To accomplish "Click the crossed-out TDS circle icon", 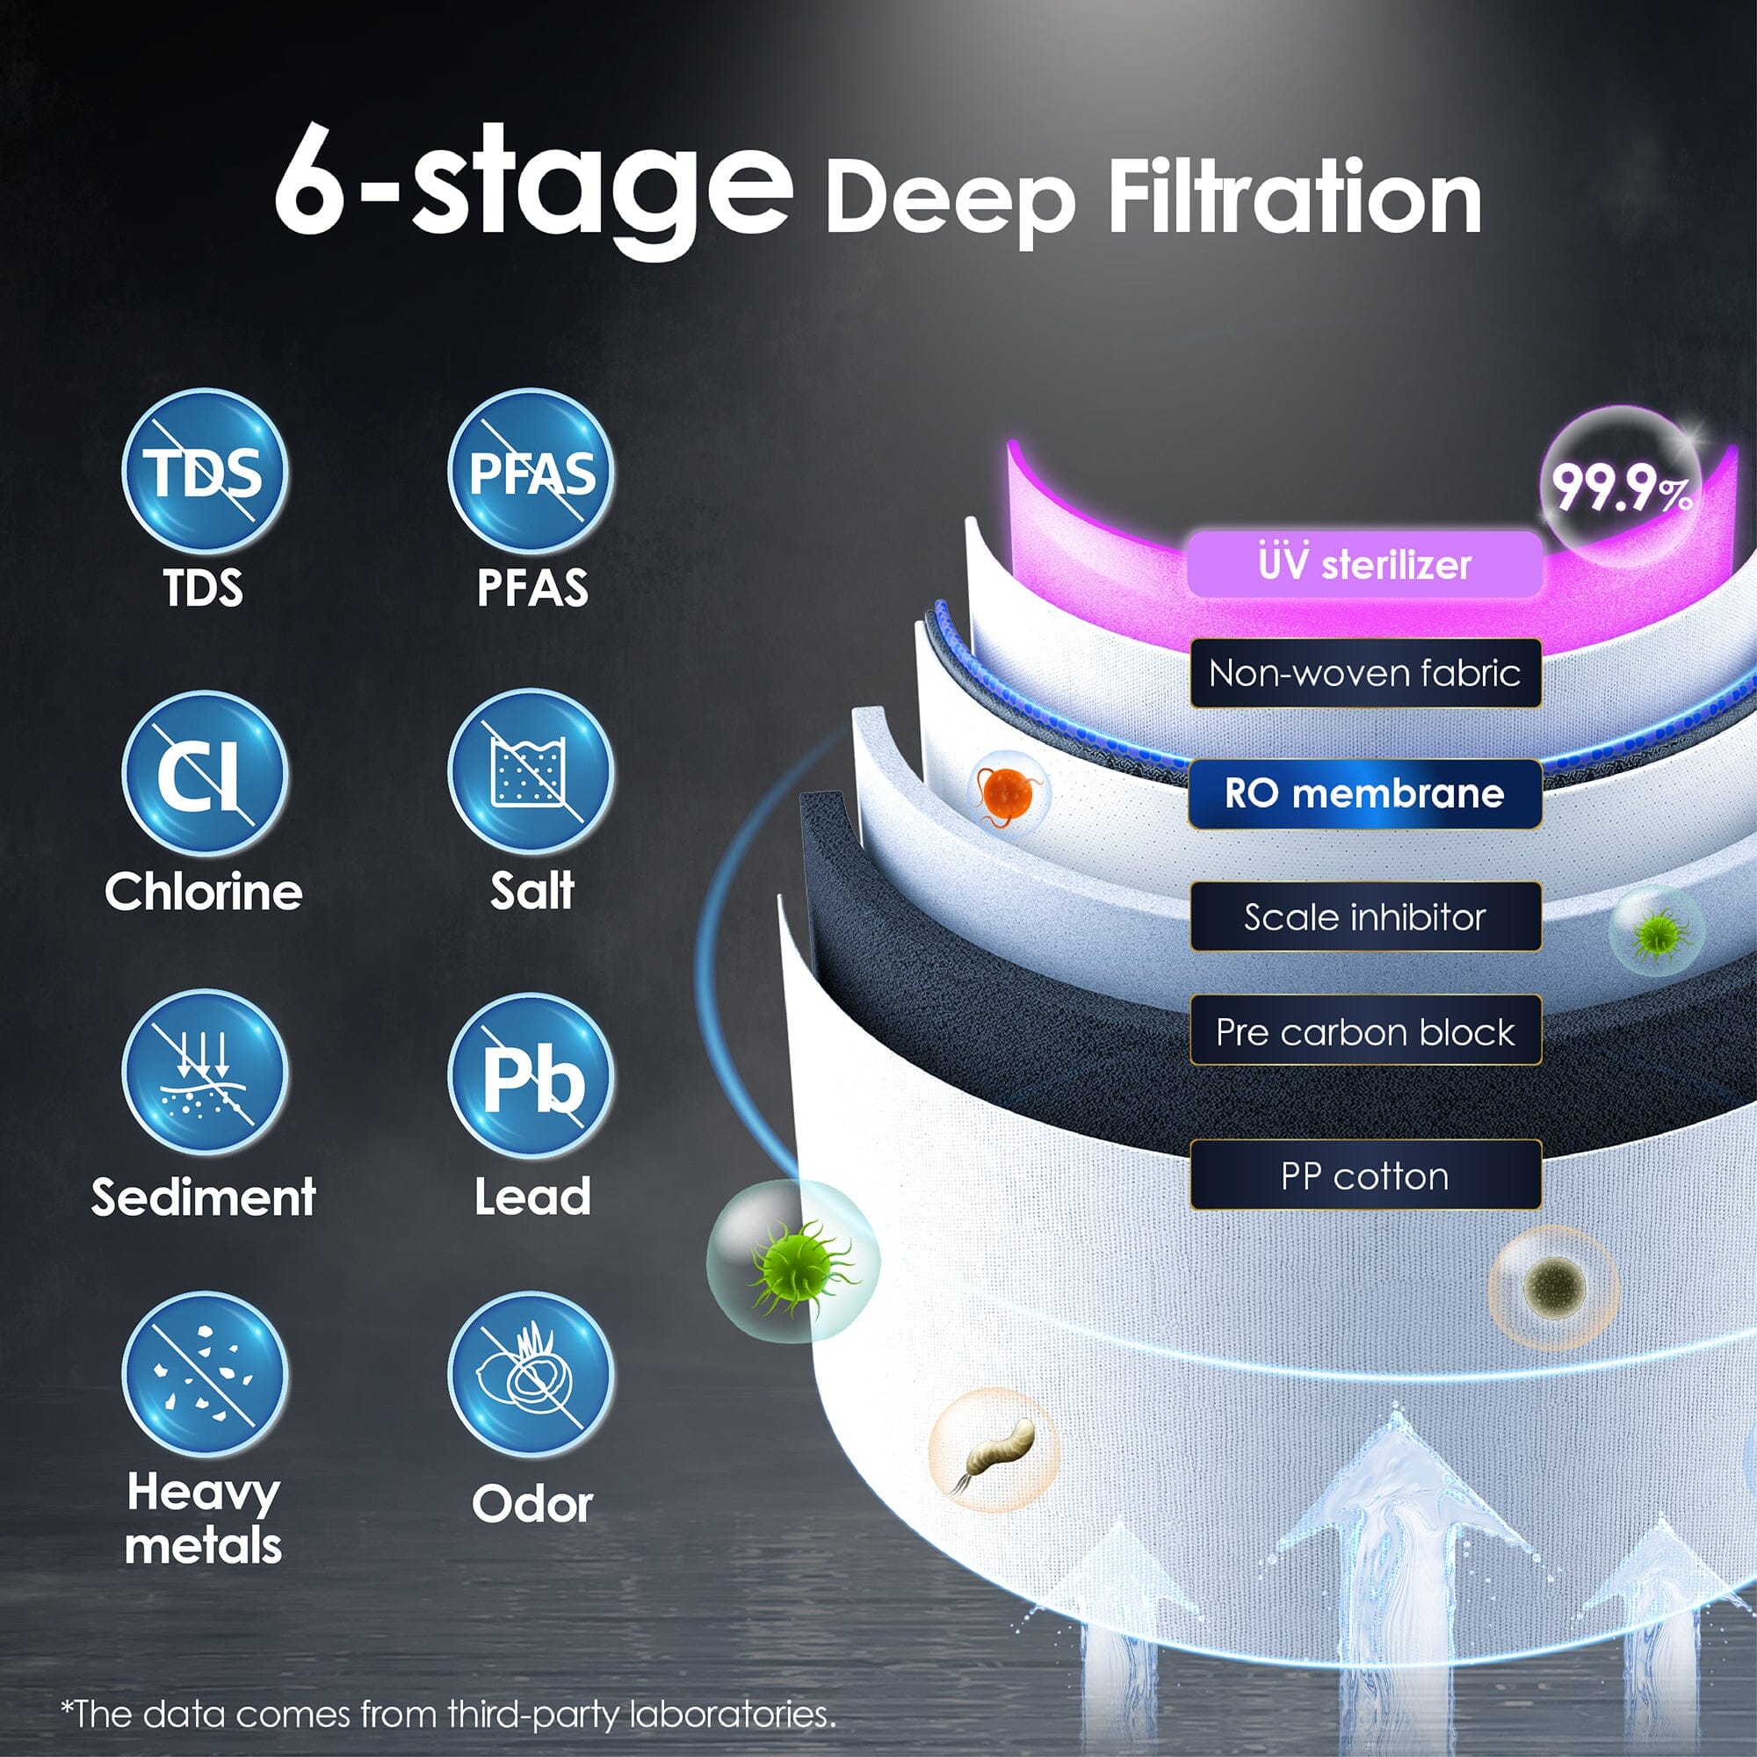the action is [x=205, y=472].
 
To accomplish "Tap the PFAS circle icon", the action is [x=531, y=472].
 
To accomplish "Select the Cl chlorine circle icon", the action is [x=205, y=774].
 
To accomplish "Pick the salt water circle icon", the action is [x=531, y=772].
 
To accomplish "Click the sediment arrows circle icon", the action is [x=205, y=1074].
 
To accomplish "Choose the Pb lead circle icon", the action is [x=531, y=1076].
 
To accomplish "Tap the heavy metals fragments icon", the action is [x=205, y=1374].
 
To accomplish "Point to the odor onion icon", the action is [x=531, y=1374].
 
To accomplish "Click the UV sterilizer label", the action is [x=1364, y=564].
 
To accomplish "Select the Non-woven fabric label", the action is [x=1365, y=673].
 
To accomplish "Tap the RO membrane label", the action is [x=1365, y=794].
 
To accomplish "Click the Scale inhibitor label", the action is [x=1365, y=916].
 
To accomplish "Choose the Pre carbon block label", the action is [x=1365, y=1031].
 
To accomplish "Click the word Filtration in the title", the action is [x=1295, y=198].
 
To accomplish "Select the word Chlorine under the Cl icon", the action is [x=204, y=891].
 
